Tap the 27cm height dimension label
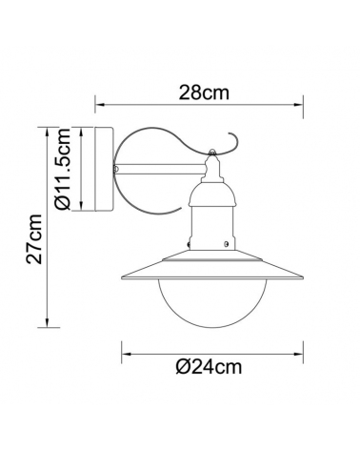[x=35, y=238]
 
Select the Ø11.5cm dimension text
[x=64, y=172]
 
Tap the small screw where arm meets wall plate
[x=115, y=170]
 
